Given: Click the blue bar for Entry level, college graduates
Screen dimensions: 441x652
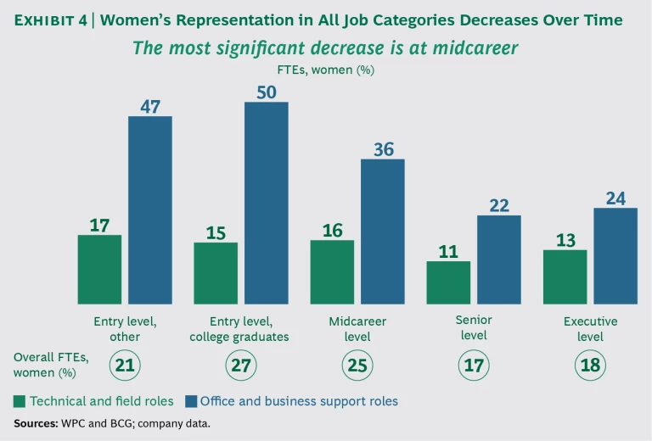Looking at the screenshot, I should click(x=267, y=203).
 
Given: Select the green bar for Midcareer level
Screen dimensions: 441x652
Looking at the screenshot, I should click(x=332, y=271).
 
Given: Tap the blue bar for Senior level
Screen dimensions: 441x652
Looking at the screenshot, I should click(x=499, y=260).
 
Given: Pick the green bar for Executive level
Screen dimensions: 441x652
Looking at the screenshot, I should click(x=565, y=276).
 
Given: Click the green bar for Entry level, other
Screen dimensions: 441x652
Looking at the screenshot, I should click(x=99, y=269).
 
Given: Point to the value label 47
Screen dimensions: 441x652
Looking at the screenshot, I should click(x=150, y=106).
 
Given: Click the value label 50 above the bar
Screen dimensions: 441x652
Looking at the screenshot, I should click(x=267, y=92).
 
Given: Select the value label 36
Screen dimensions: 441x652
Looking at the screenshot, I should click(x=384, y=149).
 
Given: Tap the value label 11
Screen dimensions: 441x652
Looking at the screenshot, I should click(x=447, y=251).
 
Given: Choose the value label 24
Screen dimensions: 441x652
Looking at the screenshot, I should click(x=615, y=198).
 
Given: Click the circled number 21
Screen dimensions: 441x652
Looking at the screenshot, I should click(x=125, y=366).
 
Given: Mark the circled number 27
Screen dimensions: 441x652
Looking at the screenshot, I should click(x=241, y=366).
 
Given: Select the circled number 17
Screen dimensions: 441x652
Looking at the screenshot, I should click(x=473, y=366).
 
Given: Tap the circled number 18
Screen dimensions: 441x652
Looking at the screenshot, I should click(x=590, y=366).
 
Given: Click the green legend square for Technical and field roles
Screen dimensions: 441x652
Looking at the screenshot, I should click(x=20, y=401).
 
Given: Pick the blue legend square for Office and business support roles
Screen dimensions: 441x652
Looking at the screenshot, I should click(x=191, y=401).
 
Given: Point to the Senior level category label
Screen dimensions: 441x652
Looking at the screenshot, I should click(x=473, y=328).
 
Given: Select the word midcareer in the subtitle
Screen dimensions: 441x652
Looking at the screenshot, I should click(x=474, y=48).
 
